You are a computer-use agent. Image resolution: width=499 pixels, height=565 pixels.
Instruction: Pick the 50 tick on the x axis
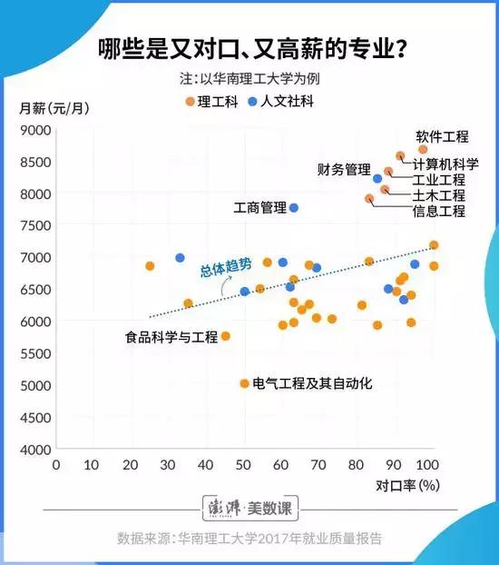click(243, 464)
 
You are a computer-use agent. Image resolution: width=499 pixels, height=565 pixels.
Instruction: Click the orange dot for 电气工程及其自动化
click(244, 383)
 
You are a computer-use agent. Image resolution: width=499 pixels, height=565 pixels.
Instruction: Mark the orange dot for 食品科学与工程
click(226, 336)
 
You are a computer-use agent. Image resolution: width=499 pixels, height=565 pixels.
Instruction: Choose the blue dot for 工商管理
click(294, 208)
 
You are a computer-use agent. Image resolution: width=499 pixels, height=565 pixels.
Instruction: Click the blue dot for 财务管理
click(378, 179)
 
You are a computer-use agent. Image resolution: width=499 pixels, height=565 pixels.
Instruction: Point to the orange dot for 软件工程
click(423, 149)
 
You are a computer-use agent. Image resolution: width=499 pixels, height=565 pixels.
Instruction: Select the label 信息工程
click(438, 212)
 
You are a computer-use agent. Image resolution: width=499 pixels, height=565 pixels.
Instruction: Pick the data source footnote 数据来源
click(249, 538)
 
